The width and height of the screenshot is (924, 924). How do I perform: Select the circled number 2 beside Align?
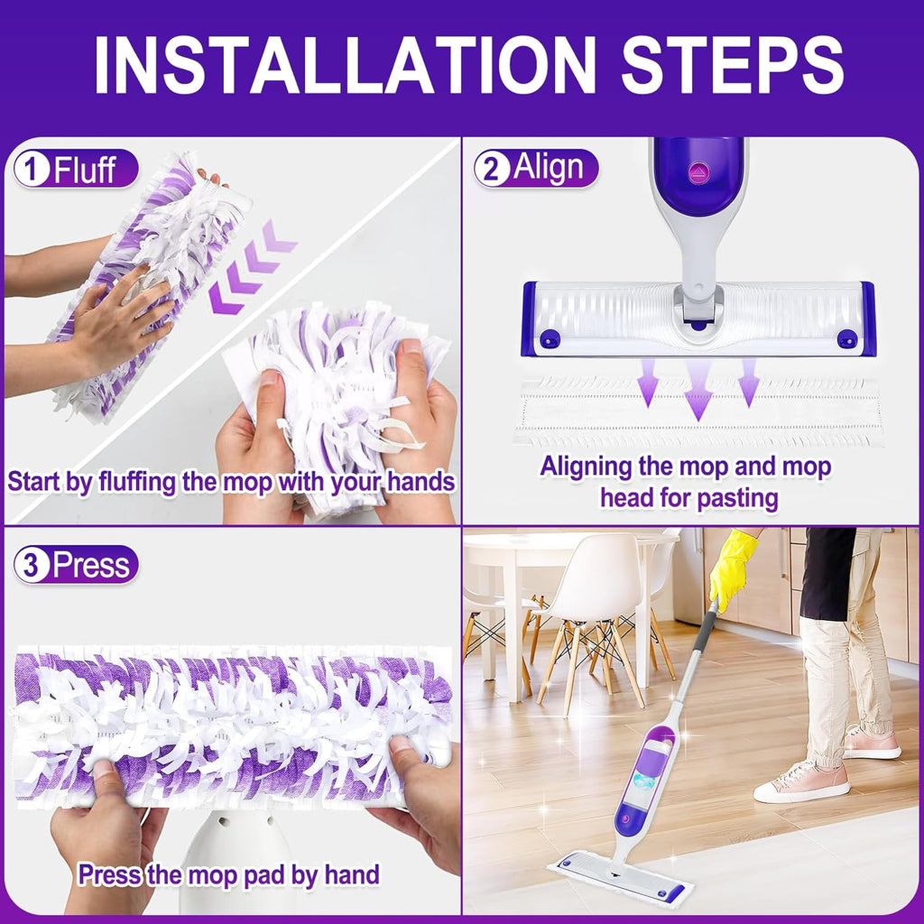pos(492,169)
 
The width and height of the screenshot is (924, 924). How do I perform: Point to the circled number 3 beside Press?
pos(31,565)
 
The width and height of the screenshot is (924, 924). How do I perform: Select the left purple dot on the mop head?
pos(549,339)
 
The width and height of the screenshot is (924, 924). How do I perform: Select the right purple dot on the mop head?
pos(845,338)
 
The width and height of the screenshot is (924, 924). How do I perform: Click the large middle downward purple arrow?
pos(698,389)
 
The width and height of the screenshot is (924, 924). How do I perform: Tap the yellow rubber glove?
pos(732,568)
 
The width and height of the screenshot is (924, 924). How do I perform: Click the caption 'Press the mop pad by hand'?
pos(228,873)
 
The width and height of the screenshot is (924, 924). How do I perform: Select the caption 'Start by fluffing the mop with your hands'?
pos(231,481)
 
